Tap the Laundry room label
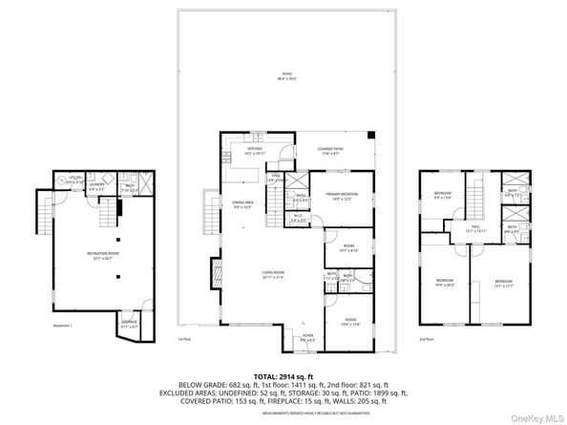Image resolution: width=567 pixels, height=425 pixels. coord(96,188)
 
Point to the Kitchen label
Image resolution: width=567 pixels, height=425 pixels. coord(255,151)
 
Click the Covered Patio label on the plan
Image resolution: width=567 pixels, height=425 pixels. coord(331,151)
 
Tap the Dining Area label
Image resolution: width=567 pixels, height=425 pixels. coord(241,204)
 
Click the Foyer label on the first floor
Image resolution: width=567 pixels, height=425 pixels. coord(307,337)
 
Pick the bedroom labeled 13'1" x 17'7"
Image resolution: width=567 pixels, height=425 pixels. coord(503,282)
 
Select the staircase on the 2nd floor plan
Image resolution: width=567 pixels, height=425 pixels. coord(472,198)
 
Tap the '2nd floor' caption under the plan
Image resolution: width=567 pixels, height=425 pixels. coord(427,339)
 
